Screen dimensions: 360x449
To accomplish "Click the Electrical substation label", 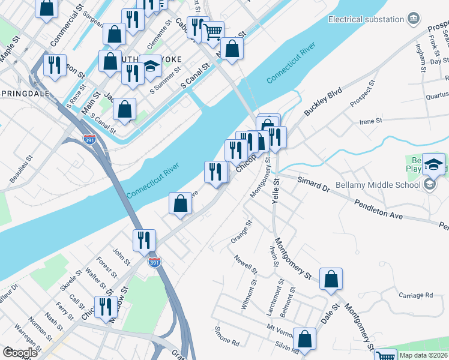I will click(x=366, y=19).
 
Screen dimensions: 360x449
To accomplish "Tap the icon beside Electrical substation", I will click(x=413, y=19).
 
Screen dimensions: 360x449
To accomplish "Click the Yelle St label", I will click(x=276, y=191).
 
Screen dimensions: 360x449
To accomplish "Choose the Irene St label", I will click(x=370, y=121).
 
